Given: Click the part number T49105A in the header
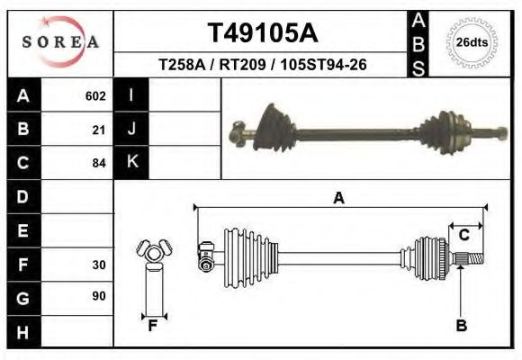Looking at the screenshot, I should point(261,33).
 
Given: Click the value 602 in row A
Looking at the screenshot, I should point(95,95).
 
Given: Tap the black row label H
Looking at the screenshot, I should point(22,332).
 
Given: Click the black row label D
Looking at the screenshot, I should point(22,197).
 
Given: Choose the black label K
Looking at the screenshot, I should point(131,162).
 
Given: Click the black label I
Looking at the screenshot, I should point(131,94).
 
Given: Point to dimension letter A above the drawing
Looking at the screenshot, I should point(338,199).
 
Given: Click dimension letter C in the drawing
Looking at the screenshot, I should point(464,236).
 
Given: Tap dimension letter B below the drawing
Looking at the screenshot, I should point(461,326).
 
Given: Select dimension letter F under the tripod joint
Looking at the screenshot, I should point(153,326).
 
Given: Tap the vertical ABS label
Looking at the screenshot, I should point(418,43).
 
